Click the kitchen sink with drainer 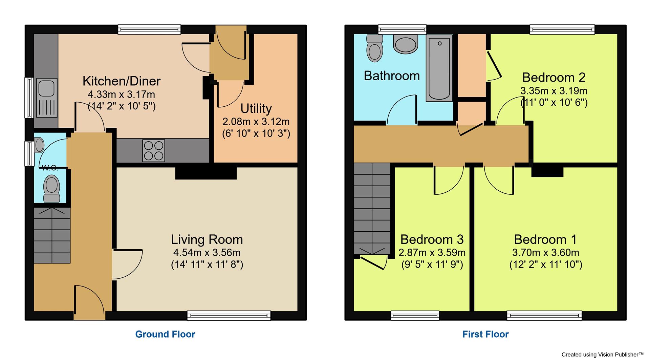(x=46, y=98)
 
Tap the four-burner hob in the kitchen (x=154, y=150)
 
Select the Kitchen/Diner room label (x=121, y=81)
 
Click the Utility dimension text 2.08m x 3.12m (x=256, y=122)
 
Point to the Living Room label (x=207, y=239)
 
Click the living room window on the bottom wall (x=229, y=316)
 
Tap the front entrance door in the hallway (x=89, y=302)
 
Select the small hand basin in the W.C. (x=39, y=145)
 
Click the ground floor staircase (x=52, y=236)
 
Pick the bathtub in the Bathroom (x=439, y=68)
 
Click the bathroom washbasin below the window (x=405, y=45)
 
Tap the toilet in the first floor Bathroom (x=374, y=48)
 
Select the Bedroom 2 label (x=554, y=78)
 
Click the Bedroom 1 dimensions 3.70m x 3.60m (x=545, y=253)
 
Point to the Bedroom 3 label (x=432, y=239)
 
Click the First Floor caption (x=485, y=334)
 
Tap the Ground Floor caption (x=165, y=334)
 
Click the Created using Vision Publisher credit (x=602, y=355)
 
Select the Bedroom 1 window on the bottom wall (x=544, y=316)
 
